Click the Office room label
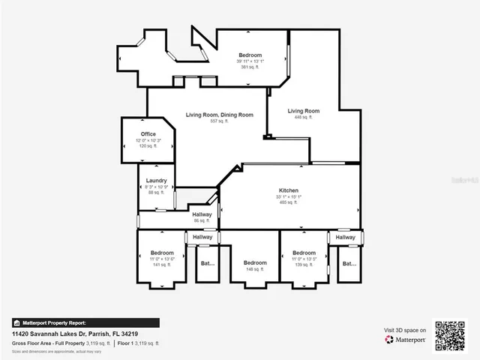point(148,134)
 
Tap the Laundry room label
point(156,180)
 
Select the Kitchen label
point(289,190)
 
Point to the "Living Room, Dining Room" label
point(219,115)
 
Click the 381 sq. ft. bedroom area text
point(250,67)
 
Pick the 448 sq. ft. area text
point(304,117)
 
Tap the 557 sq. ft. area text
point(219,121)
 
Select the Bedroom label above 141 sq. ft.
point(162,253)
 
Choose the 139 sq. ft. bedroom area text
point(304,265)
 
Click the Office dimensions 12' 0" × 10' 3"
point(148,140)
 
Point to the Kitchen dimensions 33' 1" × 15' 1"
point(289,196)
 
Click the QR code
point(450,335)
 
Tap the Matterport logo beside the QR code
point(406,340)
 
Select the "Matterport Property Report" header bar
point(84,322)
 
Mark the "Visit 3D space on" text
point(405,330)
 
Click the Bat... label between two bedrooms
point(207,263)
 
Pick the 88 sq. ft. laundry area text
point(156,192)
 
